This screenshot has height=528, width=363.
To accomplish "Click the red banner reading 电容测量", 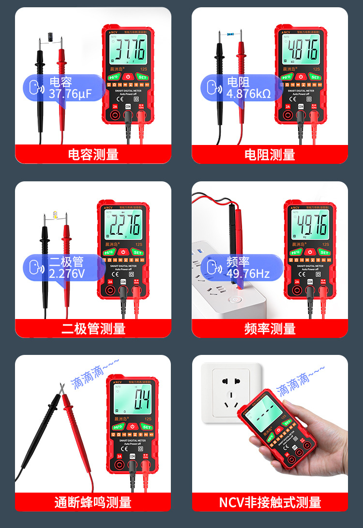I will coord(93,155).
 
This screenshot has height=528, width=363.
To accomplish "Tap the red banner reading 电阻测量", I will coord(270,155).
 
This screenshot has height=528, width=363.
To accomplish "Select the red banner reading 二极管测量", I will coord(93,329).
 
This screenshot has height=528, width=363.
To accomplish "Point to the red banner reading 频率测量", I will coord(270,329).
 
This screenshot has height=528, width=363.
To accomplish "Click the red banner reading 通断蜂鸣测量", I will coord(93,502).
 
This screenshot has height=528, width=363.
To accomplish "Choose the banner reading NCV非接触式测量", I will coord(270,502).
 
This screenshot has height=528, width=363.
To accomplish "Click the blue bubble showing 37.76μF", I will coord(63,88).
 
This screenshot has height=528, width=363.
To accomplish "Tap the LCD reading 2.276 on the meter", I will coord(123,224).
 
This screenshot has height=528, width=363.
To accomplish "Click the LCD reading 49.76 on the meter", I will coord(310,224).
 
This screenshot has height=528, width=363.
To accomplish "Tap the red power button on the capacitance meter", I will coord(128,77).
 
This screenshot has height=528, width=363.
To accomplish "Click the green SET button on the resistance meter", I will coord(315,77).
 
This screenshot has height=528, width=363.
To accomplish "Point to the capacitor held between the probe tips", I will coord(50,36).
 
